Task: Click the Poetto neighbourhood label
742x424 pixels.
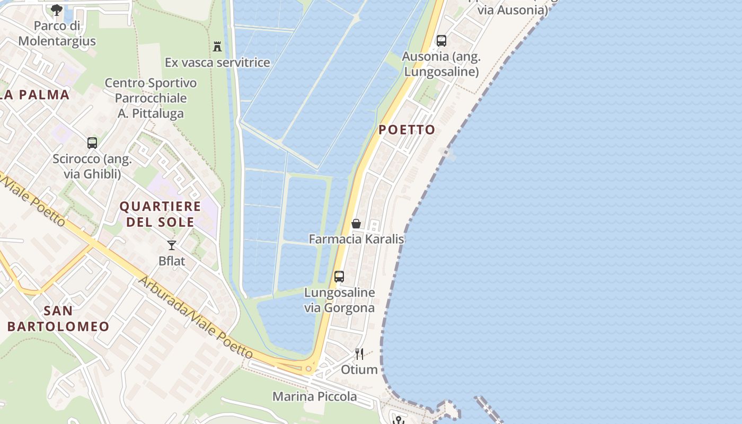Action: (407, 130)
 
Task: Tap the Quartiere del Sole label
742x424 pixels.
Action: (160, 214)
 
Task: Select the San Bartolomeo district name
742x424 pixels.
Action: (58, 319)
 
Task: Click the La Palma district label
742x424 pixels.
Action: (35, 95)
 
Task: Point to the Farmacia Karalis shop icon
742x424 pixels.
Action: (356, 224)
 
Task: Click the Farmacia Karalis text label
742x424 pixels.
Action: (356, 239)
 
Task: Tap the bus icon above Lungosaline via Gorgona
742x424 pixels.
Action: (339, 277)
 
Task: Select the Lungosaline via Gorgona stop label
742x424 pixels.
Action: (339, 300)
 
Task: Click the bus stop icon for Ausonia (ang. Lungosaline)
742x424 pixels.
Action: (441, 41)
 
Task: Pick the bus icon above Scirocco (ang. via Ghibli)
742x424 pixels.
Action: (92, 143)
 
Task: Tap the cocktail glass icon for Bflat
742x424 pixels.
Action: (172, 245)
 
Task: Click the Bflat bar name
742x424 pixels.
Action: (172, 261)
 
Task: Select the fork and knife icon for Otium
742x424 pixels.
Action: (359, 354)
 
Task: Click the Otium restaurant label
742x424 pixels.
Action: (359, 369)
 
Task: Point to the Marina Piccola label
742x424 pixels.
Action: (314, 396)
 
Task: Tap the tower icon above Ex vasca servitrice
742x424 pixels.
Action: (217, 47)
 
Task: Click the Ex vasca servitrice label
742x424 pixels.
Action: (217, 63)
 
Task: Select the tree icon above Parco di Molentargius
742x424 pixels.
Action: (57, 10)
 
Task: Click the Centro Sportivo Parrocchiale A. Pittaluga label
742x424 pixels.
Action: (151, 98)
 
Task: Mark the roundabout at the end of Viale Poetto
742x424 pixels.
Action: (308, 368)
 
